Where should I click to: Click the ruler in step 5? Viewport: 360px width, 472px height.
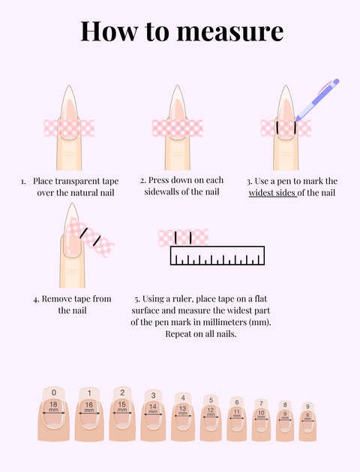(217, 257)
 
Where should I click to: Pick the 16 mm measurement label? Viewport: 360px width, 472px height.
(89, 407)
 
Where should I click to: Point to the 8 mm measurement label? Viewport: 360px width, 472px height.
(307, 414)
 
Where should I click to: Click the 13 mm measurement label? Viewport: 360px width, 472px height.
(182, 410)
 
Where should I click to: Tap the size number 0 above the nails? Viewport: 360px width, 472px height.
(53, 392)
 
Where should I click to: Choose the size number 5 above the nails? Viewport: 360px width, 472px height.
(211, 400)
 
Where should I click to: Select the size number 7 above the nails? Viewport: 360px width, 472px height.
(261, 403)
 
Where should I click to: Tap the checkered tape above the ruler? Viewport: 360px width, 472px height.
(183, 238)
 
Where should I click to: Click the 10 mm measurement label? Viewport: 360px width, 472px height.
(261, 413)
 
